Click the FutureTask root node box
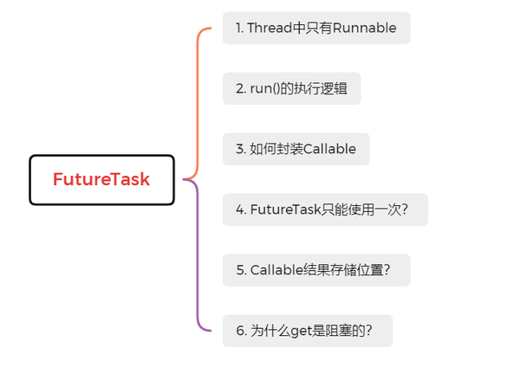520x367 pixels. click(101, 180)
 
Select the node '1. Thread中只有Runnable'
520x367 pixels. click(315, 28)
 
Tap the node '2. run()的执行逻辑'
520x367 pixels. click(291, 88)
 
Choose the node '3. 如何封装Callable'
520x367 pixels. click(296, 149)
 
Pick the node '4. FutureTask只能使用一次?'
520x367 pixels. click(325, 209)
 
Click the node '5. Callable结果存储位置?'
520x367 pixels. click(315, 270)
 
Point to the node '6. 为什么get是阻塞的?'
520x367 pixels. click(307, 331)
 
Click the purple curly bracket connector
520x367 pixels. click(200, 260)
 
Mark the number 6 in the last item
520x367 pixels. click(238, 331)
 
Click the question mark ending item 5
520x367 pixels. click(387, 270)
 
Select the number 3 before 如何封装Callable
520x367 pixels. click(238, 149)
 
